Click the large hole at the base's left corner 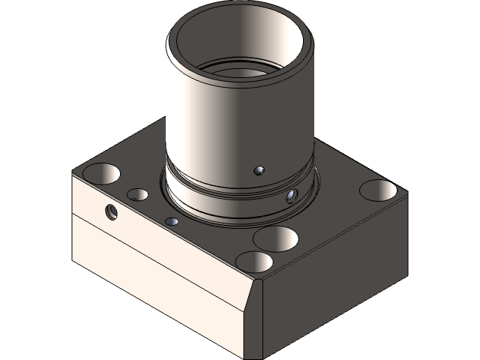[101, 173]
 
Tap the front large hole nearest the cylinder [276, 238]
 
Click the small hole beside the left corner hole [137, 195]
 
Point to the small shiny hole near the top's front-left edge [172, 221]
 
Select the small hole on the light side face [112, 211]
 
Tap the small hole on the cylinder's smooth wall [259, 170]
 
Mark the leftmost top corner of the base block [73, 173]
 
